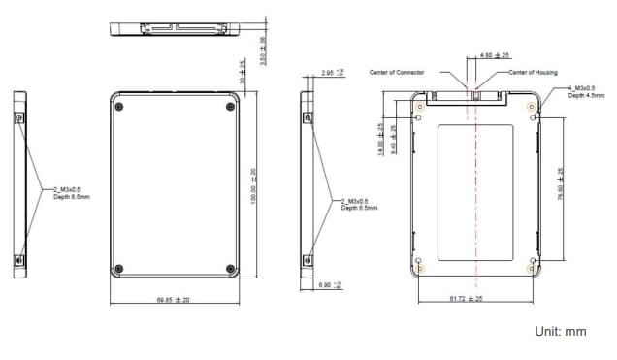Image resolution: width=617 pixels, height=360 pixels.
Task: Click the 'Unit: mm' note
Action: point(561,332)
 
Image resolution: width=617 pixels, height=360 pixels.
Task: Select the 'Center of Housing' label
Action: point(534,73)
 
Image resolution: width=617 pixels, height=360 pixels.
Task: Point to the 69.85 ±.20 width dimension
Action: point(174,300)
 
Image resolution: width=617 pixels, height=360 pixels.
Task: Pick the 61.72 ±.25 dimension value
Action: point(467,299)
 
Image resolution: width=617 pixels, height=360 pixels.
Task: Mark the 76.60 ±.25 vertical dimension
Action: point(561,184)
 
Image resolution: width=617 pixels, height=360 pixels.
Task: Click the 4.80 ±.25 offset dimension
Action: point(496,55)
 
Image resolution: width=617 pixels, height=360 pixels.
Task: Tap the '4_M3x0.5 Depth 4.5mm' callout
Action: point(585,92)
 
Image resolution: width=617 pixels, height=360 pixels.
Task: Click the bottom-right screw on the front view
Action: point(230,269)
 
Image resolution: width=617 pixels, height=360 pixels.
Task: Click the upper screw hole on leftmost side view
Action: point(20,115)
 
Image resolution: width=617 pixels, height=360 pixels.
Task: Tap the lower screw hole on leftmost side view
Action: point(20,259)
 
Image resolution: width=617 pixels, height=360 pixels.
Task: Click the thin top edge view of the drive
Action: point(175,26)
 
